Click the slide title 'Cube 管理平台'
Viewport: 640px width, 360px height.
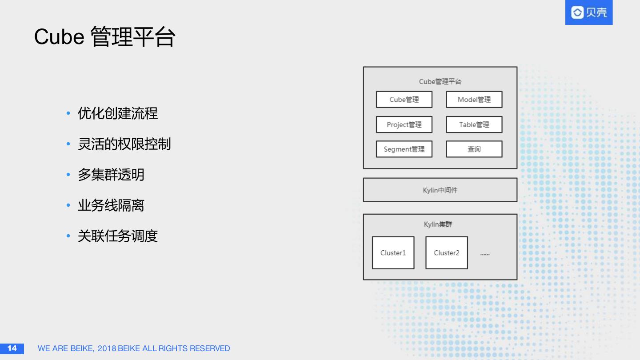pyautogui.click(x=105, y=37)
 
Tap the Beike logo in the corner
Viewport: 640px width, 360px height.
pyautogui.click(x=588, y=12)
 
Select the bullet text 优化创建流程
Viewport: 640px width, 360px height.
pyautogui.click(x=118, y=113)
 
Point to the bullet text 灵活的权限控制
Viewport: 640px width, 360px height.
pyautogui.click(x=124, y=144)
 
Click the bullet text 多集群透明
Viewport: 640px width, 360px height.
pyautogui.click(x=111, y=175)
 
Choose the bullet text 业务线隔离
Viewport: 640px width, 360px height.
pyautogui.click(x=111, y=205)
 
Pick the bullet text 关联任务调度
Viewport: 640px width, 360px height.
pyautogui.click(x=118, y=236)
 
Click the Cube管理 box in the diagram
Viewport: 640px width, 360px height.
pyautogui.click(x=404, y=100)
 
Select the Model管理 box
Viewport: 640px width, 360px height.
pyautogui.click(x=474, y=100)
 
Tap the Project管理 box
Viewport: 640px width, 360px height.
pyautogui.click(x=404, y=124)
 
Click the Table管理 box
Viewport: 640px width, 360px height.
pyautogui.click(x=474, y=124)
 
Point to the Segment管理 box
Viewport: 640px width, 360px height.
pyautogui.click(x=404, y=149)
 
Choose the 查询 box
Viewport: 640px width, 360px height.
pyautogui.click(x=474, y=149)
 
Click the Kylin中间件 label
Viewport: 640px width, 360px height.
pyautogui.click(x=440, y=190)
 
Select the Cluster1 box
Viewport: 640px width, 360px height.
pyautogui.click(x=393, y=252)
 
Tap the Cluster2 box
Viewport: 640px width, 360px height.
pyautogui.click(x=446, y=252)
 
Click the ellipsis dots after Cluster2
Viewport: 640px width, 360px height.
pyautogui.click(x=485, y=254)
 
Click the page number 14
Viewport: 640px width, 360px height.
pyautogui.click(x=12, y=348)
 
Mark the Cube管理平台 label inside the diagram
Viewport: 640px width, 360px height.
pyautogui.click(x=440, y=82)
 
